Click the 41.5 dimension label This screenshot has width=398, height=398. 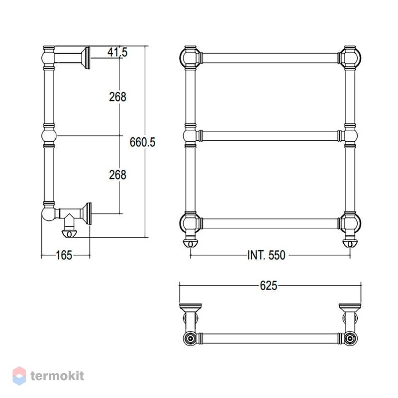[x=117, y=53]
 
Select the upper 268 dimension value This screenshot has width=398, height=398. [x=117, y=97]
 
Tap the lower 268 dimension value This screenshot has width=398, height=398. [x=117, y=175]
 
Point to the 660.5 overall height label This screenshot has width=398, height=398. [x=142, y=142]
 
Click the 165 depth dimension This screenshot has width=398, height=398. [x=64, y=255]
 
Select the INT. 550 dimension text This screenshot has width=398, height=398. [x=266, y=255]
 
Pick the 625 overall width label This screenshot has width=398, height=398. [x=268, y=286]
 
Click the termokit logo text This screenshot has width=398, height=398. [x=57, y=376]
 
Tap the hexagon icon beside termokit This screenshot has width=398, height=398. [x=19, y=376]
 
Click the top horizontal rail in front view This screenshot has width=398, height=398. [x=270, y=58]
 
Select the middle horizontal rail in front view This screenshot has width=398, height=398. [x=270, y=136]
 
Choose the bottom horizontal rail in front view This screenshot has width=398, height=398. [x=270, y=223]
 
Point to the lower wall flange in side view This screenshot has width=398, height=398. [x=87, y=213]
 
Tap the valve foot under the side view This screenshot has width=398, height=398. [x=69, y=233]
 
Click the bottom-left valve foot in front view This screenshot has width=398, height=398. [x=191, y=243]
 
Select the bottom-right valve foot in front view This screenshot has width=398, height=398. [x=350, y=243]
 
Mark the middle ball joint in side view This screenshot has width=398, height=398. [x=49, y=136]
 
